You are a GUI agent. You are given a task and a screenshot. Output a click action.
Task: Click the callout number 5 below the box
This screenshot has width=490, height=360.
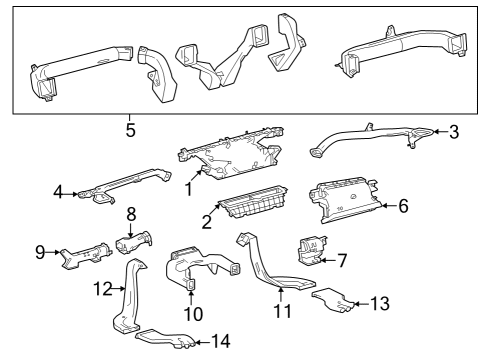[130, 130]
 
